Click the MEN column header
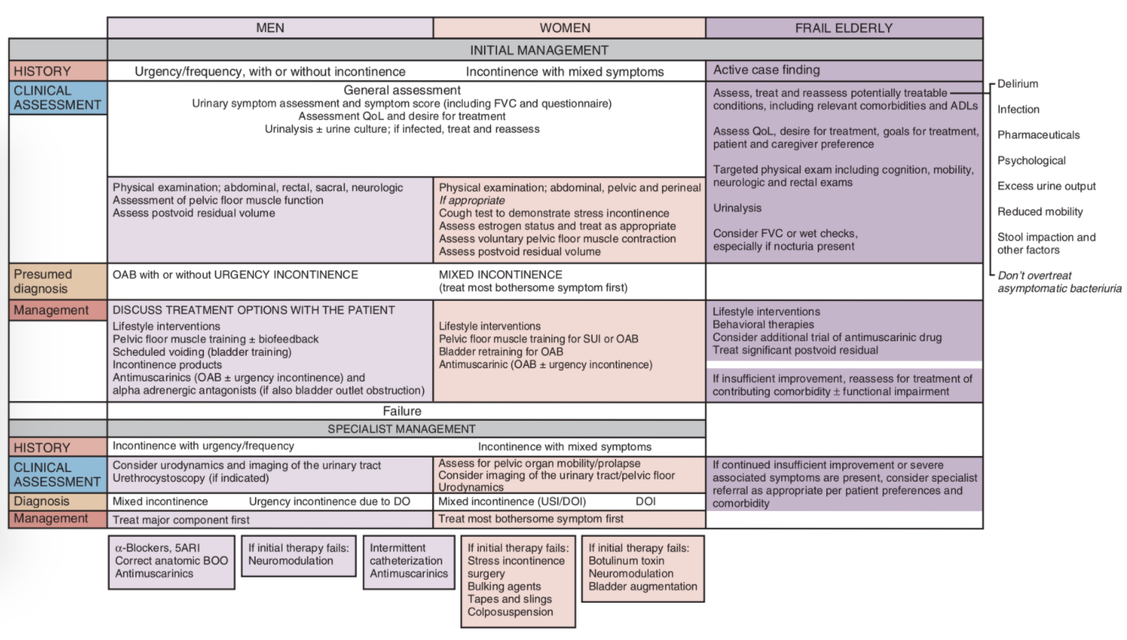[x=270, y=27]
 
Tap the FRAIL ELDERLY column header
[x=844, y=27]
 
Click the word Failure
[x=402, y=411]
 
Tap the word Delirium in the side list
[x=1017, y=83]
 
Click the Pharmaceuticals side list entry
[x=1038, y=135]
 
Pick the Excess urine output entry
[x=1047, y=186]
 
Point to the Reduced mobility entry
[x=1040, y=212]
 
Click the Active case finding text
[x=767, y=70]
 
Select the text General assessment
[x=402, y=90]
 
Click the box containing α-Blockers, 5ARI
[x=172, y=562]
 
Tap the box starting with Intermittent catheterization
[x=408, y=562]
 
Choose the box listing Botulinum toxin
[x=643, y=568]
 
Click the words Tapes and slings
[x=509, y=600]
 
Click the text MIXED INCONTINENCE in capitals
[x=501, y=275]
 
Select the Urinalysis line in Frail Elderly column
[x=737, y=208]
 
